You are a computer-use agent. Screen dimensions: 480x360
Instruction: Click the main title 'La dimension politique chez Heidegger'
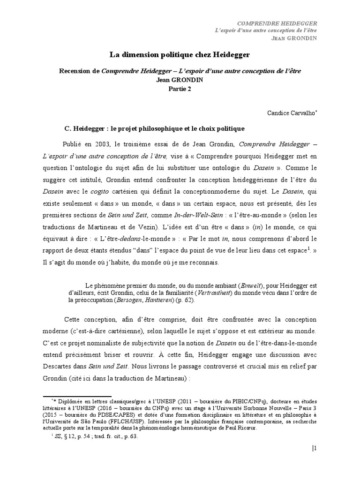pyautogui.click(x=180, y=55)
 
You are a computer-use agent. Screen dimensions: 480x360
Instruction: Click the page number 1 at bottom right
pyautogui.click(x=315, y=448)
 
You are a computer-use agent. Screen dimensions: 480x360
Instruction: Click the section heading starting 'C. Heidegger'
pyautogui.click(x=154, y=128)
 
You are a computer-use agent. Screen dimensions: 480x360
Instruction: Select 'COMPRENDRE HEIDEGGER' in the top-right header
pyautogui.click(x=277, y=22)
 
